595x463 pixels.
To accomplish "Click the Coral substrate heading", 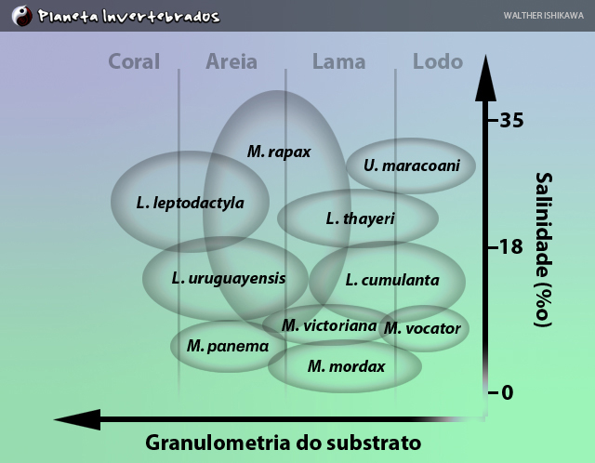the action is coord(134,61).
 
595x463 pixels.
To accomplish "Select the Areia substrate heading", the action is coord(231,61).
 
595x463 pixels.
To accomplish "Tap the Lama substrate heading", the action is coord(338,61).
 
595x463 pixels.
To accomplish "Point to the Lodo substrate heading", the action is coord(438,61).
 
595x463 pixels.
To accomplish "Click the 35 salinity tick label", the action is coord(511,120).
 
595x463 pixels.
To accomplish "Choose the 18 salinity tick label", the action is coord(511,247).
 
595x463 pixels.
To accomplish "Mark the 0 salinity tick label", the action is coord(508,392).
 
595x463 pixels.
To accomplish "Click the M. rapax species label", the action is coord(279,152).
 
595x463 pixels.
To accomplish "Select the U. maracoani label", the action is coord(412,165).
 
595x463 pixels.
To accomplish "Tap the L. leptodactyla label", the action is coord(190,203).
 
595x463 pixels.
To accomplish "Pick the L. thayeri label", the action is coord(360,218).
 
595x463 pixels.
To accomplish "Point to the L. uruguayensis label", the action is coord(229,279).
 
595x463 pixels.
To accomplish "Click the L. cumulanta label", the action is coord(392,280).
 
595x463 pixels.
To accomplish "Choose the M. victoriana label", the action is coord(329,325).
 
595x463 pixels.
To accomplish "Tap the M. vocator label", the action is coord(422,328).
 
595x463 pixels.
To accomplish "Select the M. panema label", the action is coord(228,346).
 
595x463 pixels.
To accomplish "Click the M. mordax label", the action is coord(347,366).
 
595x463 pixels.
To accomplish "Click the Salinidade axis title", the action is coord(544,249).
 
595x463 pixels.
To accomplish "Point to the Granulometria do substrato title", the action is coord(283,443).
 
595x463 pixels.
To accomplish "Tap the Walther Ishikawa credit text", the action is coord(543,16).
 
